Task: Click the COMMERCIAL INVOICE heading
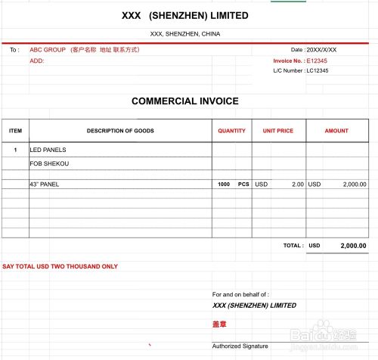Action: click(x=185, y=101)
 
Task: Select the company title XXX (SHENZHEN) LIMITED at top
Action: click(x=185, y=15)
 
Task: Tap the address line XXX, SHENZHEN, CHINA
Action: click(x=185, y=34)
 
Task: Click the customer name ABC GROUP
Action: click(x=47, y=49)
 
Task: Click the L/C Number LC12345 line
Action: click(x=302, y=70)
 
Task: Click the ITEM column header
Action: click(x=15, y=131)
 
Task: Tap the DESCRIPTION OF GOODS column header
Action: click(x=120, y=131)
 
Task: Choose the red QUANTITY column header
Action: click(x=231, y=131)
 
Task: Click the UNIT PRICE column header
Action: click(x=278, y=131)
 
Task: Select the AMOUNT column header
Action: click(x=336, y=131)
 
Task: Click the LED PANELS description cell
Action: click(x=48, y=150)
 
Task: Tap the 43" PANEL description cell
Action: click(x=44, y=184)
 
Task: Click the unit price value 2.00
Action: click(x=298, y=184)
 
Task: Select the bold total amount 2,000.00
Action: click(x=353, y=246)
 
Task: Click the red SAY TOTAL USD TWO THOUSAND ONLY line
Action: click(x=60, y=266)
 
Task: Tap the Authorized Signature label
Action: click(x=240, y=346)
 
